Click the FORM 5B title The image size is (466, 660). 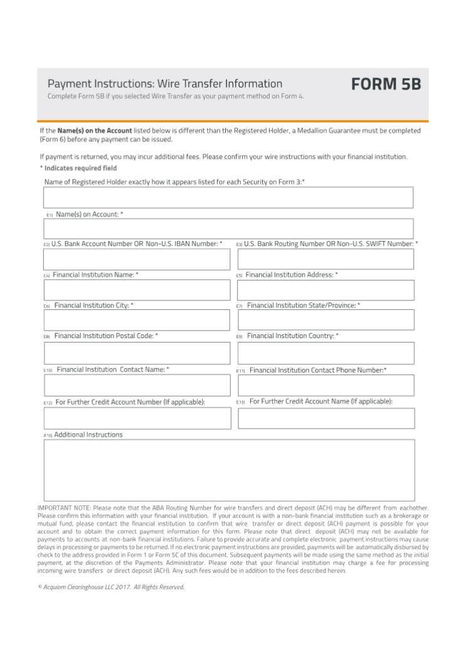(x=385, y=84)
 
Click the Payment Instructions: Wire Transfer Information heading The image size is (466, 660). (x=165, y=83)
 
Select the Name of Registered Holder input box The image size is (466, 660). (x=228, y=197)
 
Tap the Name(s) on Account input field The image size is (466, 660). (x=228, y=228)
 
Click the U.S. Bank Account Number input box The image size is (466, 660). (x=137, y=259)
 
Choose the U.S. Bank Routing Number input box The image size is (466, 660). (x=326, y=259)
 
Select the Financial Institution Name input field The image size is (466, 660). (x=137, y=290)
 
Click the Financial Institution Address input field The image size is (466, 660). (x=326, y=290)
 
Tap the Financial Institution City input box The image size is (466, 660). (x=137, y=320)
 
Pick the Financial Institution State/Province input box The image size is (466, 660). (x=326, y=320)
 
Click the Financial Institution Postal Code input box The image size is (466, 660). (x=137, y=354)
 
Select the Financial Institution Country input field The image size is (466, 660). (x=326, y=353)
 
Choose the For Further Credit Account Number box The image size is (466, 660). (x=137, y=418)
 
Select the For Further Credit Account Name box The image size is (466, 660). (x=326, y=418)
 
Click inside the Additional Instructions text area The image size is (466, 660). (x=228, y=470)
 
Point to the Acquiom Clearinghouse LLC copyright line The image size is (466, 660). (x=111, y=587)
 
